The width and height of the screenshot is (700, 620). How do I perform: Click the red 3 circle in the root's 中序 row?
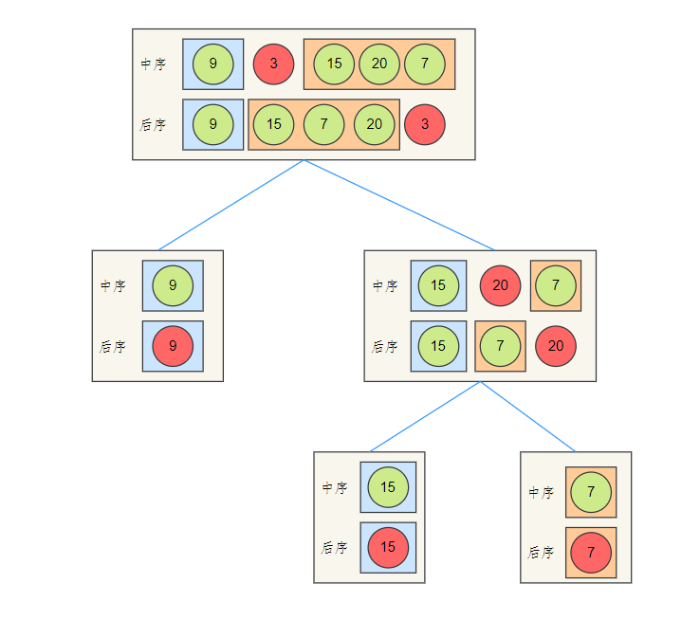274,64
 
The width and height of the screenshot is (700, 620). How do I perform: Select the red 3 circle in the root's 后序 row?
425,124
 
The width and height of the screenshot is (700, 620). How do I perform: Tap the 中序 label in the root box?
153,64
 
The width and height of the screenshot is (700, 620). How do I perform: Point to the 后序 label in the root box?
153,124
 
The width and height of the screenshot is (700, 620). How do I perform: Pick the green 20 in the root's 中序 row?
379,64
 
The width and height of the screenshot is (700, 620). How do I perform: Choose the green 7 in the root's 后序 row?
324,124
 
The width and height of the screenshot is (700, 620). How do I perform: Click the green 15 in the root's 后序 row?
274,124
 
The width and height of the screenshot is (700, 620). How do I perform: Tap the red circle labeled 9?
173,346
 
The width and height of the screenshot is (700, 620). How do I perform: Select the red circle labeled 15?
388,547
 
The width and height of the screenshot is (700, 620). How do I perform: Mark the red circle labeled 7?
591,553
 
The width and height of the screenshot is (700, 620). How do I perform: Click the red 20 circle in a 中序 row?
500,285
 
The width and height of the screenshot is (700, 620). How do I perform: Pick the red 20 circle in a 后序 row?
556,346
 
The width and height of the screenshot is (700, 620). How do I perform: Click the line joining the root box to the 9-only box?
230,205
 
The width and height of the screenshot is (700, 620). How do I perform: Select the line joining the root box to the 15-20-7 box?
399,205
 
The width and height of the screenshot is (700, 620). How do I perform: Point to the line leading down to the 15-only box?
425,416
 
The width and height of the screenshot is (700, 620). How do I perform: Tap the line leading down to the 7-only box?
528,416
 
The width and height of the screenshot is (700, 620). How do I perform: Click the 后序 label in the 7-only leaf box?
541,553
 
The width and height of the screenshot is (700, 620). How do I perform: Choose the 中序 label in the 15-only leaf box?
335,487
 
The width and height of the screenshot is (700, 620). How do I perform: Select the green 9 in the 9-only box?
173,285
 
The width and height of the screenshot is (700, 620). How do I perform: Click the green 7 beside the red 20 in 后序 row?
500,346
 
